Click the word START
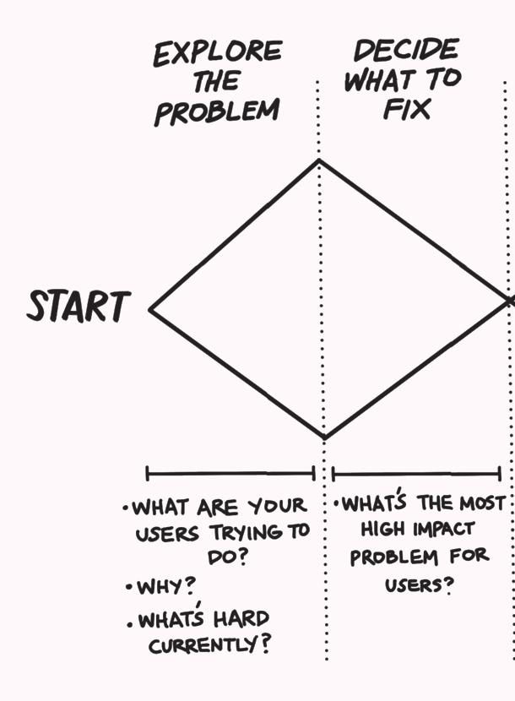(79, 307)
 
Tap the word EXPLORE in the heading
(216, 54)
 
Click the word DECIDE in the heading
(406, 51)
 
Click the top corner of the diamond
(319, 160)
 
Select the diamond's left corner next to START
(151, 309)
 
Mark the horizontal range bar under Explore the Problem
(230, 473)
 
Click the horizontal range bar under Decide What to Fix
(416, 473)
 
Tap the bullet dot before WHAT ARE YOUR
(125, 508)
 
